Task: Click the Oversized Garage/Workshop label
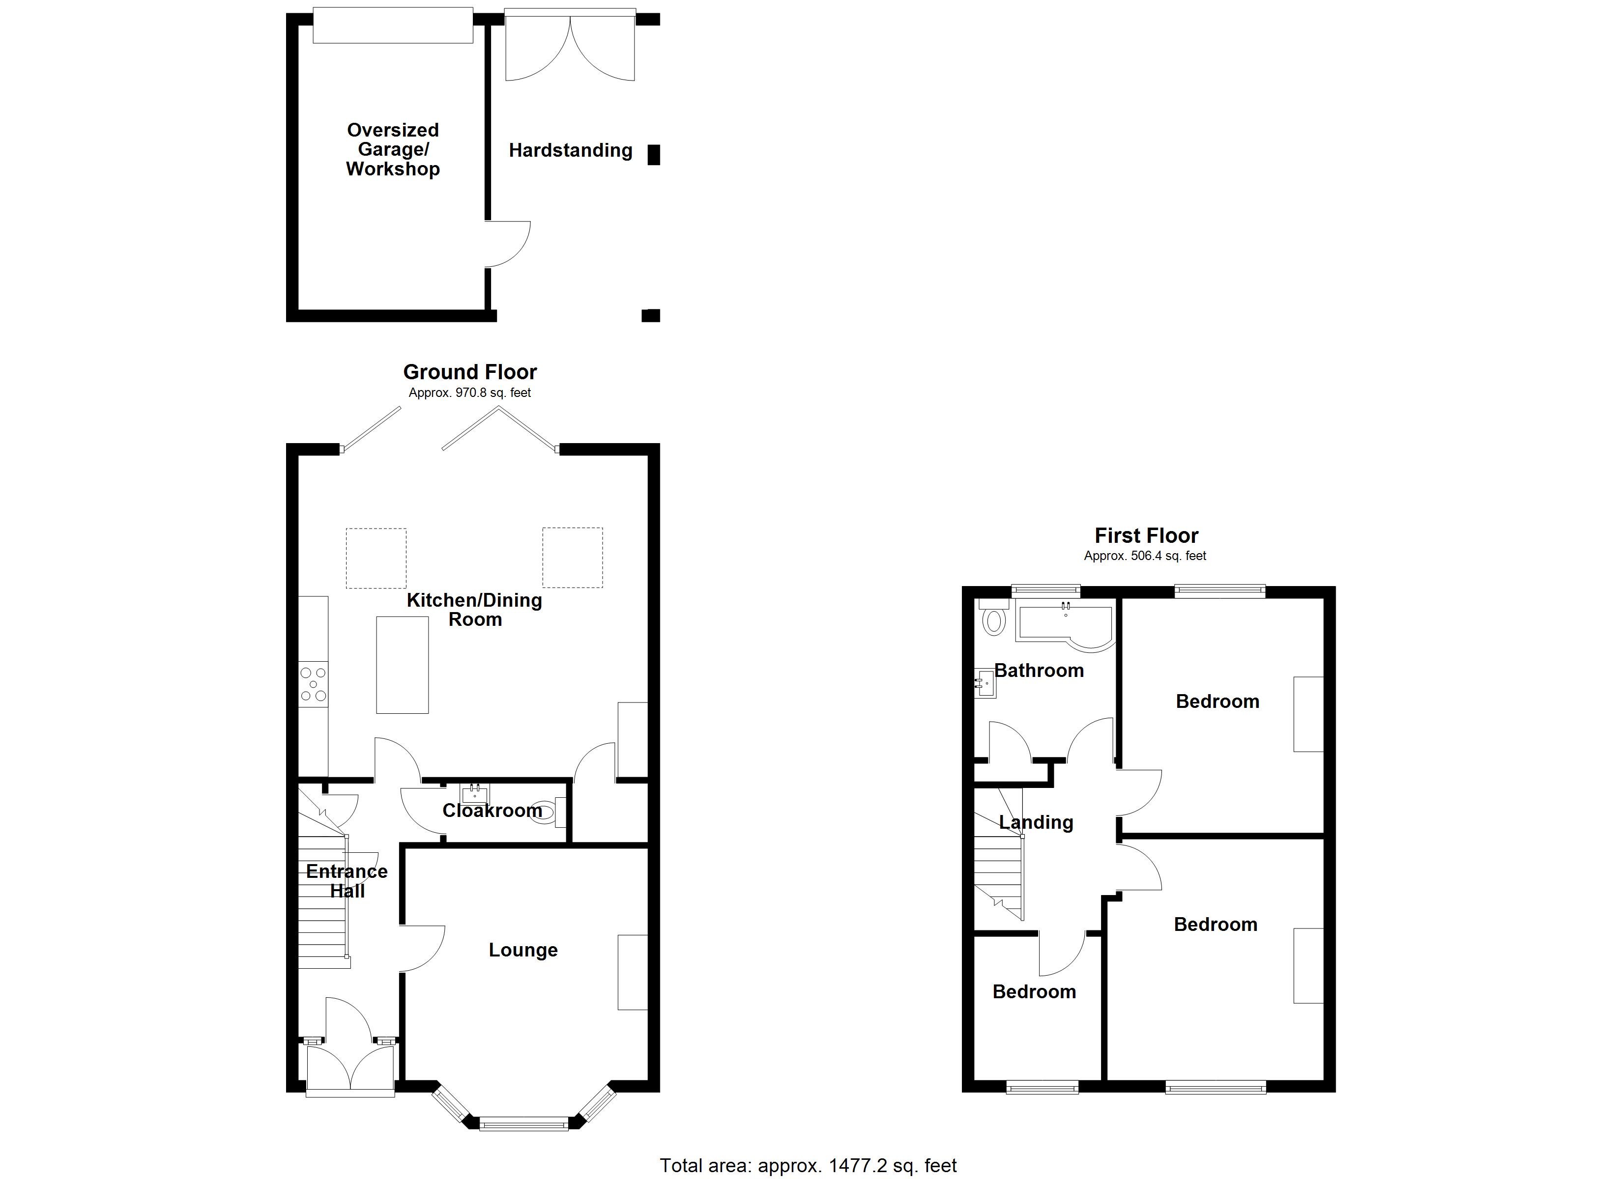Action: coord(393,149)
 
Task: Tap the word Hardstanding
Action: coord(570,150)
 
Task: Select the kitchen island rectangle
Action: coord(403,665)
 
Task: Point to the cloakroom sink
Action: coord(475,794)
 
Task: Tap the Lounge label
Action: coord(523,950)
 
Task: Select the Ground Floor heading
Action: coord(470,372)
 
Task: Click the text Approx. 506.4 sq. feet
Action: coord(1145,556)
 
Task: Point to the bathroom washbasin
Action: coord(985,683)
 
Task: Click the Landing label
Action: coord(1036,822)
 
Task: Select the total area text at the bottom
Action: coord(808,1165)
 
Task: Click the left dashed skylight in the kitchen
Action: coord(376,559)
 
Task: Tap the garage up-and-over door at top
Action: coord(393,25)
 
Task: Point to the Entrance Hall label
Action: coord(347,881)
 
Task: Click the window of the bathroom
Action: coord(1045,590)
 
